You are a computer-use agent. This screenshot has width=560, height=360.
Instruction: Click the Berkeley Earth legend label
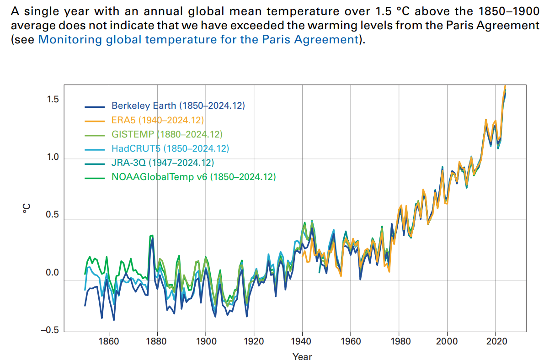coord(178,106)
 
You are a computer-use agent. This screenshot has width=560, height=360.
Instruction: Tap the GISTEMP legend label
coord(167,134)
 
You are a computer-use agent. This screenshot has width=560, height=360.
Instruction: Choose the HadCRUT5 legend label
coord(170,148)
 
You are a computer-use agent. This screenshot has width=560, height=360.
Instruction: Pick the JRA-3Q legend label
coord(163,163)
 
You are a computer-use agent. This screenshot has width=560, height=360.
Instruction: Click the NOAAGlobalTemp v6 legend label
coord(194,177)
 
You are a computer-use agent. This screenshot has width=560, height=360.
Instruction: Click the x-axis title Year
coord(302,356)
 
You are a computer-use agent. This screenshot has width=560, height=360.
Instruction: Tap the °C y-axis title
coord(27,209)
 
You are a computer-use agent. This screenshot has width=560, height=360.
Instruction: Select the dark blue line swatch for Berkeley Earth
coord(95,106)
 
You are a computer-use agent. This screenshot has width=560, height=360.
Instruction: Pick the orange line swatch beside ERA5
coord(95,121)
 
